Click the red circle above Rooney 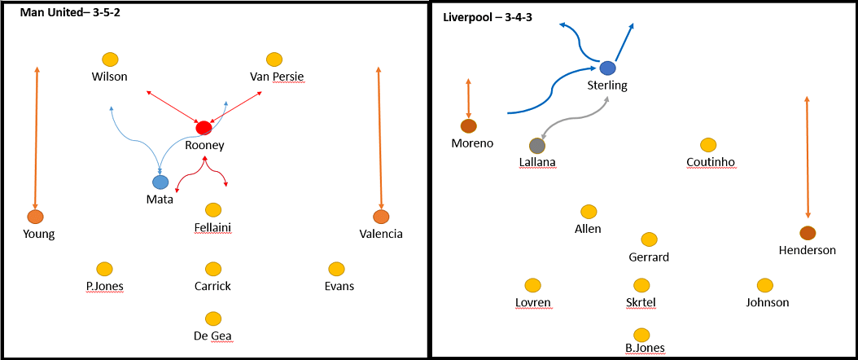204,128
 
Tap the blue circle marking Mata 160,182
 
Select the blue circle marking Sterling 607,68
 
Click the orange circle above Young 35,217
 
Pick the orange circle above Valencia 380,217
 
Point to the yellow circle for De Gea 213,318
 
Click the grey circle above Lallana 536,146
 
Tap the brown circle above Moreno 468,125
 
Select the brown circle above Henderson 807,232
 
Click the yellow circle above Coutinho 708,145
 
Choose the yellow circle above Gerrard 649,239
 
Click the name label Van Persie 277,77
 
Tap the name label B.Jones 645,349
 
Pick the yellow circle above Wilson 110,59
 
